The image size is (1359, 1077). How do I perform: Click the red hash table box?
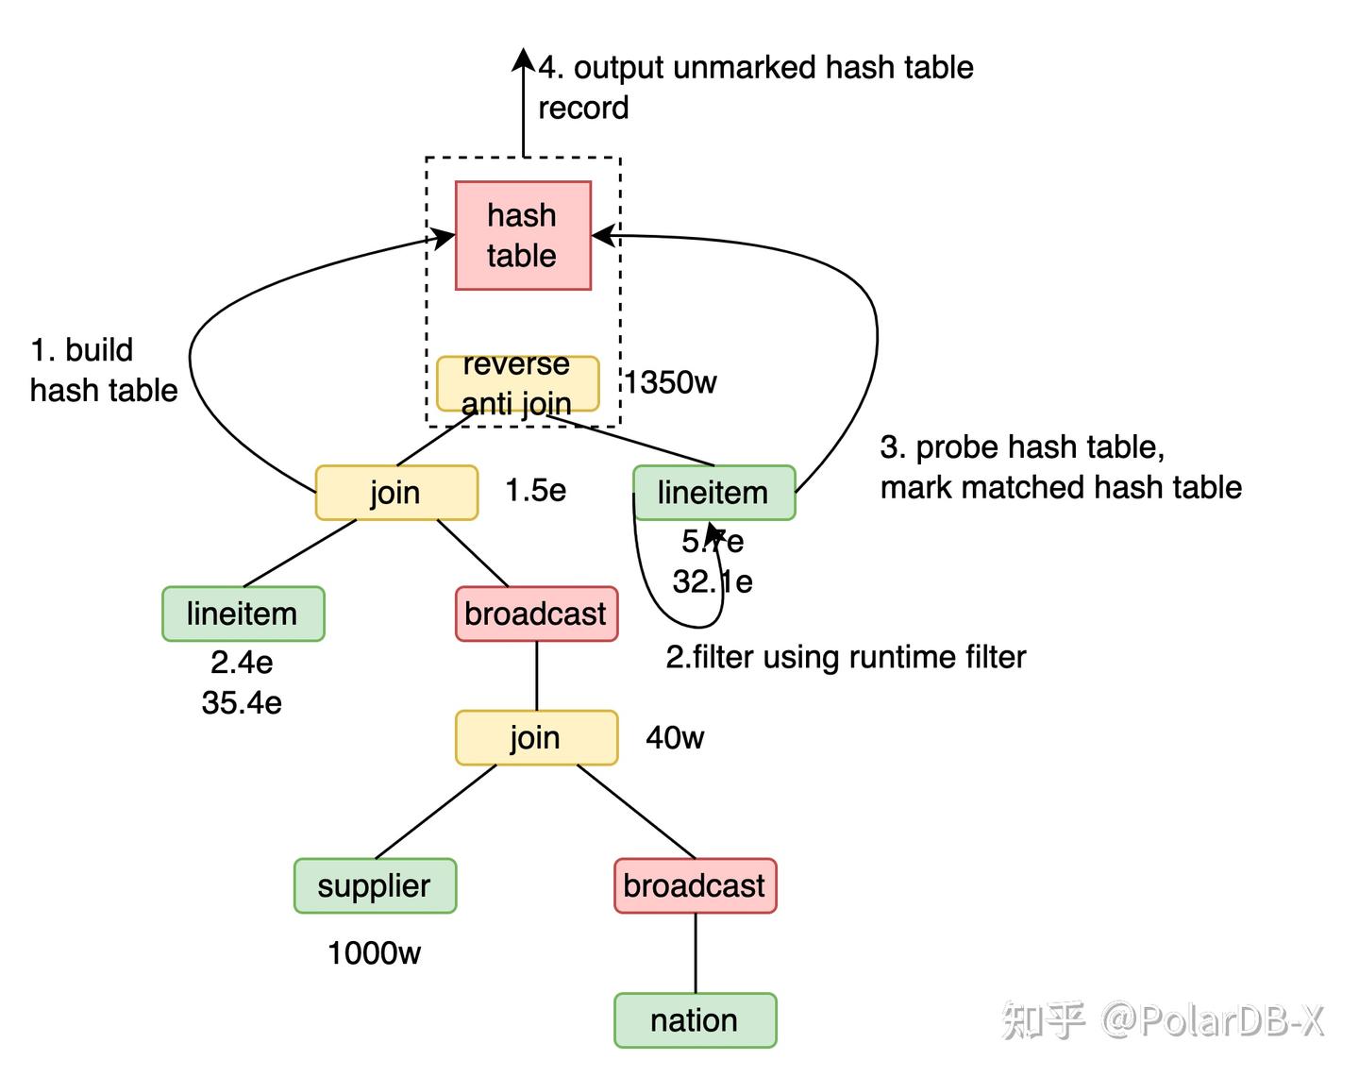click(523, 235)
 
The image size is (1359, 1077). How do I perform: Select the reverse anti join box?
click(517, 383)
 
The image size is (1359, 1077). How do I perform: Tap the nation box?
click(695, 1020)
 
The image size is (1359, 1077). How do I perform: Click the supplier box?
click(375, 885)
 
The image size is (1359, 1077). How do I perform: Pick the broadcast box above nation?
click(695, 885)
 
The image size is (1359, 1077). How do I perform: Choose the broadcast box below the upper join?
click(536, 614)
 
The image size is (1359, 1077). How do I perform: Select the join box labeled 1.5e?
click(396, 492)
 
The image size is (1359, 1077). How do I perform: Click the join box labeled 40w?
click(536, 737)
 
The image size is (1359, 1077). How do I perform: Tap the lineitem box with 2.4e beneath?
click(243, 614)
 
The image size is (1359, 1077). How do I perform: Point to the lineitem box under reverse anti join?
click(713, 492)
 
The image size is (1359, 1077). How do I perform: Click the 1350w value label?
click(670, 382)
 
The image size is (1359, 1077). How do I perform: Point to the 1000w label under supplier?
click(374, 953)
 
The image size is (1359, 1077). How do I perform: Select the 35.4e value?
click(242, 702)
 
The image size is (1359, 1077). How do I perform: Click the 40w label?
click(675, 737)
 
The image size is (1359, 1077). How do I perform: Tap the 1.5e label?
click(536, 490)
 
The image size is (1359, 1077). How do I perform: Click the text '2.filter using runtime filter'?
click(846, 657)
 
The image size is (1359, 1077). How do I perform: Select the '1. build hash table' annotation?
click(103, 370)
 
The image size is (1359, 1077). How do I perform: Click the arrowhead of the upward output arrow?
click(524, 59)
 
